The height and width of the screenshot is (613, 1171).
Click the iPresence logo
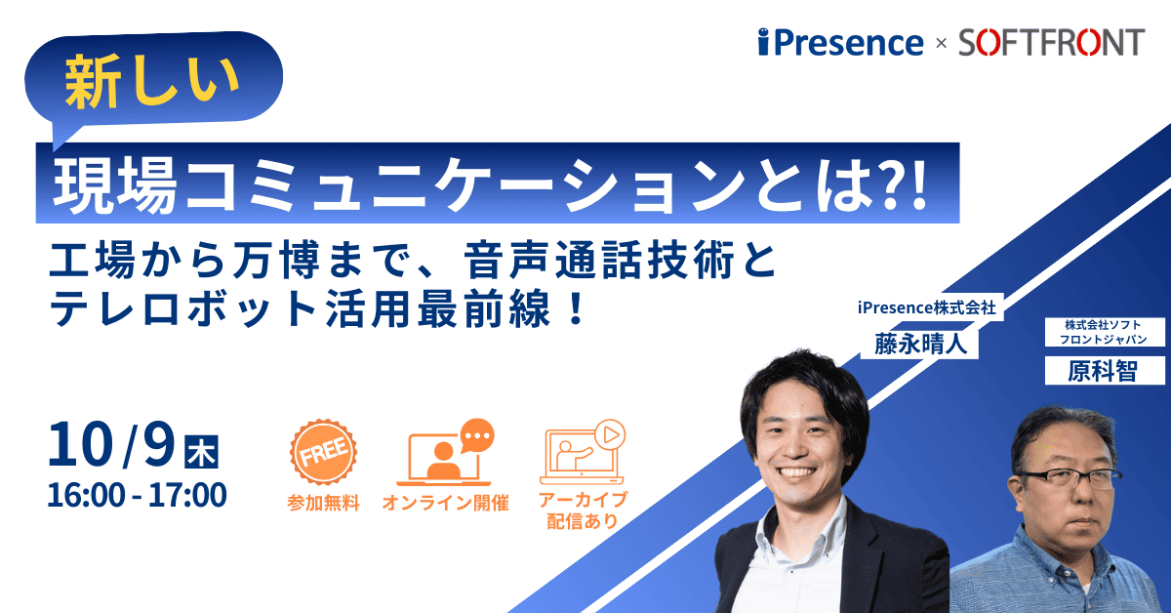point(840,42)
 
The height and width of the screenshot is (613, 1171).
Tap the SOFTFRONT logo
point(1052,42)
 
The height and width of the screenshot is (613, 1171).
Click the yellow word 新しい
point(151,82)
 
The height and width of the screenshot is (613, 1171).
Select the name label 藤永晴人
point(920,344)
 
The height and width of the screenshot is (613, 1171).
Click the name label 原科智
point(1103,371)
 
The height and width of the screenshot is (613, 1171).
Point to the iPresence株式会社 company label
point(926,307)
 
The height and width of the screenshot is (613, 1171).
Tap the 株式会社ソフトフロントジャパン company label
point(1103,332)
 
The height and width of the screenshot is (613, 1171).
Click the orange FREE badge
point(324,452)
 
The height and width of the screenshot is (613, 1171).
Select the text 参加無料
point(323,503)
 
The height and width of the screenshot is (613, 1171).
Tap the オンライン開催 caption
point(445,503)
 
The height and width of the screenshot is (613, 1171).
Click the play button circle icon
point(610,434)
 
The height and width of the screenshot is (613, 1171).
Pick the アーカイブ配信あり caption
point(583,511)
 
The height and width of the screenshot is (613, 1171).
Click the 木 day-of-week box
point(201,452)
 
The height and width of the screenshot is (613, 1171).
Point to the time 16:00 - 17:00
point(137,495)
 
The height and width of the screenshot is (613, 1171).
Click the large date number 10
point(80,444)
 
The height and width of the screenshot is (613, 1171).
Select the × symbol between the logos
point(941,43)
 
